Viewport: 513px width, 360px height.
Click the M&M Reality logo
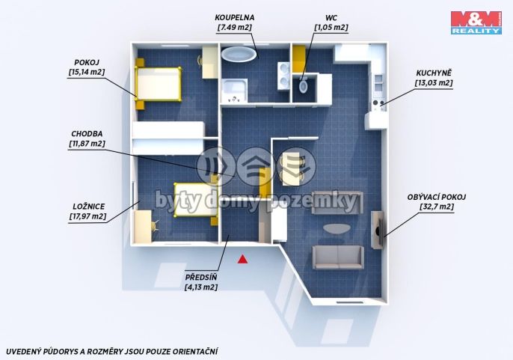click(476, 22)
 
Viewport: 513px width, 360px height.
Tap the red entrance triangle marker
click(242, 259)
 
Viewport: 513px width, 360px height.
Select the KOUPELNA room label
click(235, 17)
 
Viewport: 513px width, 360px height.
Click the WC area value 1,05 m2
click(331, 28)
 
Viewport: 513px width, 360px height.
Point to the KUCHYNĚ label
click(434, 73)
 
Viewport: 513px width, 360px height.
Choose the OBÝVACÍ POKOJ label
click(437, 197)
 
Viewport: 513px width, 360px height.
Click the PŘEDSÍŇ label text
click(201, 277)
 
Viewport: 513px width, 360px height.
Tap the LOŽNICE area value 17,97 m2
click(87, 216)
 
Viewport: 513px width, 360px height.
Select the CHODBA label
click(87, 134)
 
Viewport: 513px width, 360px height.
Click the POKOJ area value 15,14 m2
click(87, 72)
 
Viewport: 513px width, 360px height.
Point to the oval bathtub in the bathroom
click(239, 54)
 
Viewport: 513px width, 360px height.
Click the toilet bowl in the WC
click(304, 86)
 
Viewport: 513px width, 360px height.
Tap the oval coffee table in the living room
click(336, 228)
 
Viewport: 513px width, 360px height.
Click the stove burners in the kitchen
click(378, 103)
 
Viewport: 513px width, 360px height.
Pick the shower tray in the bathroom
click(234, 91)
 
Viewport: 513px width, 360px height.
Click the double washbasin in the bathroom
click(283, 76)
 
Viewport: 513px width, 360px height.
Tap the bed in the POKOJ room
click(159, 84)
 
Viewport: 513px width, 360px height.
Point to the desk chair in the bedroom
click(155, 226)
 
